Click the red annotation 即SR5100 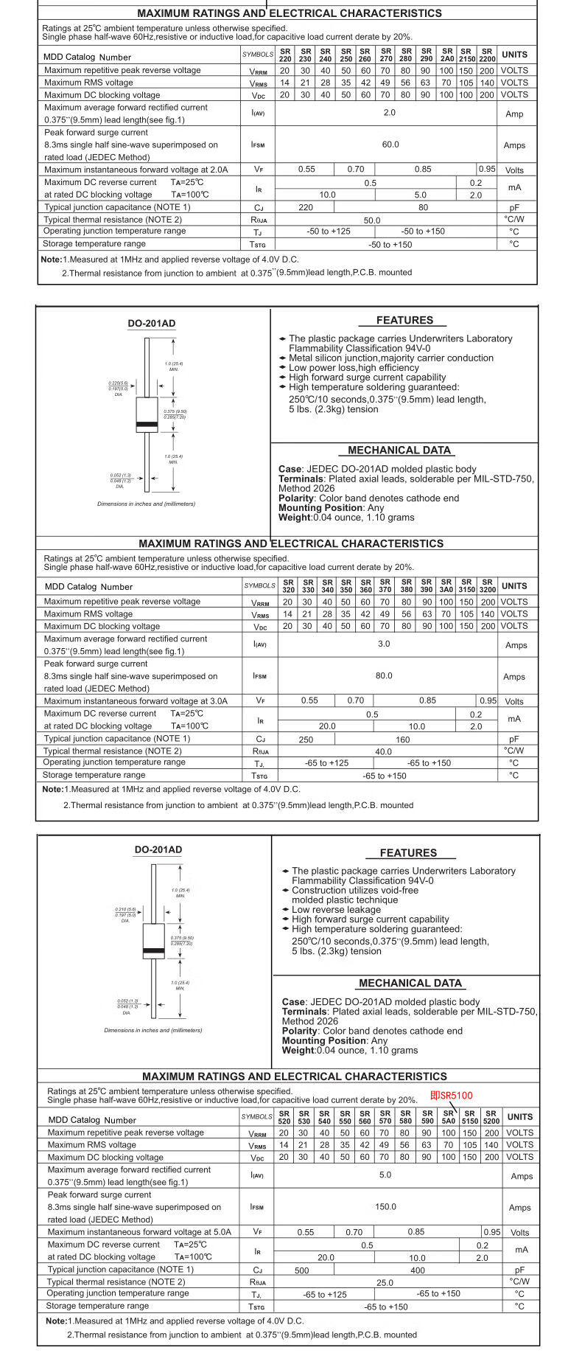(451, 1095)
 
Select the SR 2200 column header (487, 55)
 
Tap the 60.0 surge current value (390, 145)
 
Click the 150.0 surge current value (385, 1207)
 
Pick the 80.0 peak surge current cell (384, 675)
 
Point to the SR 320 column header (288, 586)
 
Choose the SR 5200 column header (491, 1117)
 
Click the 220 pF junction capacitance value (306, 207)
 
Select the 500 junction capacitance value (302, 1270)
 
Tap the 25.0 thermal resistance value (385, 1283)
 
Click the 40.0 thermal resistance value (384, 751)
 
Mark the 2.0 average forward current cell (390, 113)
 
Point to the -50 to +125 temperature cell (329, 232)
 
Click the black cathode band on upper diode (147, 424)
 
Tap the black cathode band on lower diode (154, 951)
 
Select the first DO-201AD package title (152, 324)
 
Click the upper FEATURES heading (404, 321)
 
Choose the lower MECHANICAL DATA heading (410, 983)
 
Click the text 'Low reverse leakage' (336, 910)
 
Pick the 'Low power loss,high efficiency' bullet (354, 368)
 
